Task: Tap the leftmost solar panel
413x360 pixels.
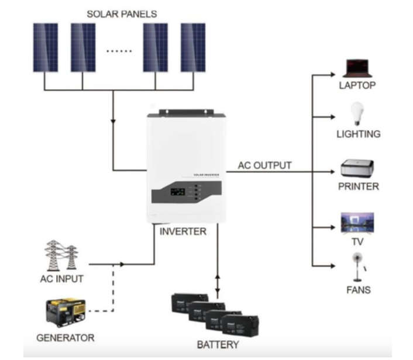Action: point(45,47)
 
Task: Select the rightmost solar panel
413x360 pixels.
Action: point(192,47)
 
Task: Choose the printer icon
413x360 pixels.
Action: point(358,169)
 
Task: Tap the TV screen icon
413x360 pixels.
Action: point(357,223)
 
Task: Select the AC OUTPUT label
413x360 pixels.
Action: point(264,165)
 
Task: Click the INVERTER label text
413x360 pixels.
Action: point(183,231)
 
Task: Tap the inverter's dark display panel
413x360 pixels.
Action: point(186,192)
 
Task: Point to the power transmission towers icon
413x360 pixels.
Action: point(61,255)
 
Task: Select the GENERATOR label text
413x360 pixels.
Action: point(65,338)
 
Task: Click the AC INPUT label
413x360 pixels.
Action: point(61,279)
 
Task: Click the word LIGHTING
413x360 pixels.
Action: point(358,134)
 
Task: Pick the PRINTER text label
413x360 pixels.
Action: point(358,186)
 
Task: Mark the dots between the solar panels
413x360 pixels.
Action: point(119,51)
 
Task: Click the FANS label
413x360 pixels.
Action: point(357,289)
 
